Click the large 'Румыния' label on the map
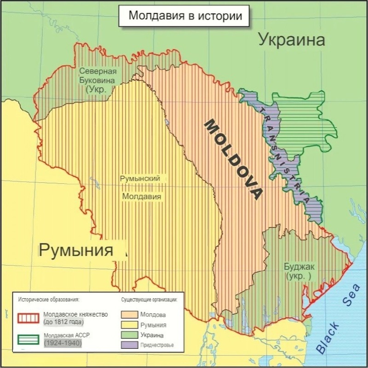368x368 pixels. pos(76,250)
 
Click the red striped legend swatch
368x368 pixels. pos(29,318)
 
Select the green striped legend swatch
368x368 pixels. pos(29,340)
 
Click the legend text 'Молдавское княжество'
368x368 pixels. pos(75,314)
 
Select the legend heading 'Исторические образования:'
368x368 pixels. pos(49,299)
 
